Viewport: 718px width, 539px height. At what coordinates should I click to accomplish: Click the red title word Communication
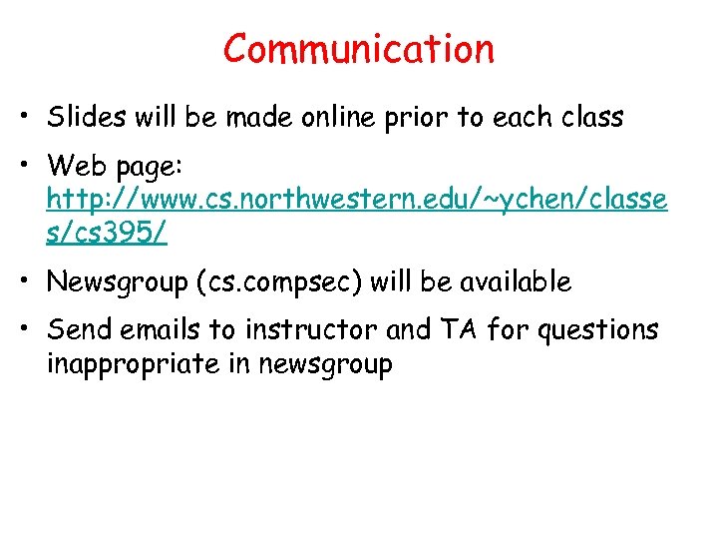[x=359, y=49]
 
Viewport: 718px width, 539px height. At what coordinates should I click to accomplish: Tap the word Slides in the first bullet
[x=81, y=117]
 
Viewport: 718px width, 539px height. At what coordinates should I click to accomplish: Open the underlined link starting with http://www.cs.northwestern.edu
[x=357, y=200]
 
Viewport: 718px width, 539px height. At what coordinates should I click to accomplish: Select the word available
[x=516, y=282]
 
